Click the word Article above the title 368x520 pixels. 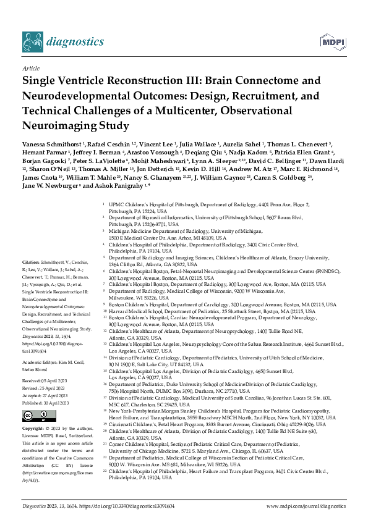pyautogui.click(x=30, y=68)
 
